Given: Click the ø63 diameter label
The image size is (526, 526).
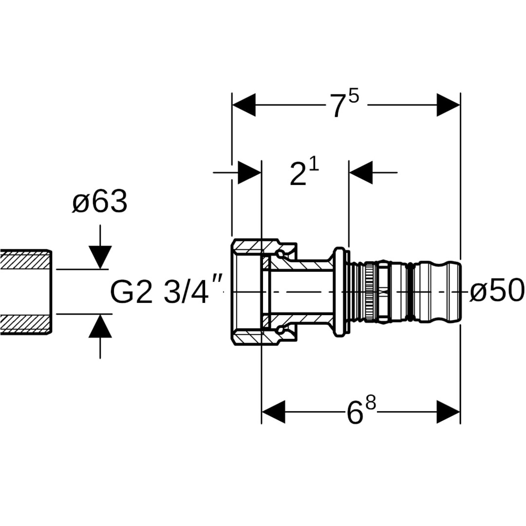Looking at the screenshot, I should [x=100, y=202].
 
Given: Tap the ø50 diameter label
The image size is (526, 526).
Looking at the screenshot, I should [x=497, y=291].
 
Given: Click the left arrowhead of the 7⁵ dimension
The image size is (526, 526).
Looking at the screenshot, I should [x=244, y=105].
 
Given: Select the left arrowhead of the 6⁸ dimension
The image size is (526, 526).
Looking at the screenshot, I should [x=273, y=412].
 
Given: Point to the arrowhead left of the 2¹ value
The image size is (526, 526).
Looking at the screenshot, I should [x=249, y=172].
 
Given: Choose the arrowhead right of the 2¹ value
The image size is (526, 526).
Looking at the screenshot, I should [x=361, y=172].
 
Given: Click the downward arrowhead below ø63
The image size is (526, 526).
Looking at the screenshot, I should [x=100, y=257].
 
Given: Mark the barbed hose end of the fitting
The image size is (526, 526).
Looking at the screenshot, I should [x=438, y=292].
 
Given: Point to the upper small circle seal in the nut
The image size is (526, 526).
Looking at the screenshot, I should [x=280, y=253].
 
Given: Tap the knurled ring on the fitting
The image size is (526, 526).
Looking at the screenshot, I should [x=370, y=292].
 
